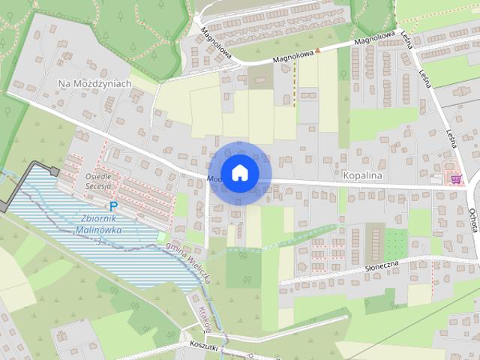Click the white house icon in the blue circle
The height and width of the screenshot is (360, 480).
click(239, 172)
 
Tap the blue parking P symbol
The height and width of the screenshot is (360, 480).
click(113, 206)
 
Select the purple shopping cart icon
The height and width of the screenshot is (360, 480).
click(456, 178)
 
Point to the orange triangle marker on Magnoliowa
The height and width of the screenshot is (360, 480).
click(317, 51)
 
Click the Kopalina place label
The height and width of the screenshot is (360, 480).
click(362, 175)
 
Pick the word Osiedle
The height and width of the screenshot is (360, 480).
click(99, 176)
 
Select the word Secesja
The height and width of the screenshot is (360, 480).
click(98, 186)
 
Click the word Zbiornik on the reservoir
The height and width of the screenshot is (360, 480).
click(96, 219)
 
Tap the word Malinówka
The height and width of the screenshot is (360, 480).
click(98, 230)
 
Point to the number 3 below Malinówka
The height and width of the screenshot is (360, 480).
click(97, 241)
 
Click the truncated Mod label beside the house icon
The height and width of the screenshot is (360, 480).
click(214, 179)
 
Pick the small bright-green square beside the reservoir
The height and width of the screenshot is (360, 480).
click(161, 238)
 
